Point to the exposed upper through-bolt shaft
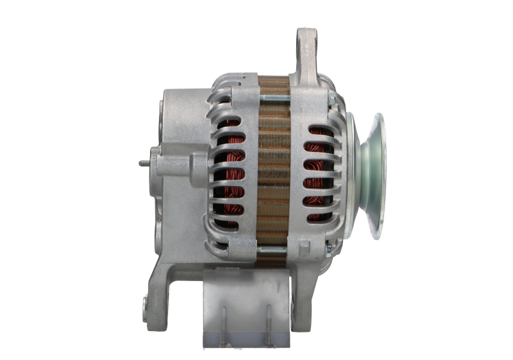tap(276, 98)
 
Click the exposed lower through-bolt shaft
tap(276, 248)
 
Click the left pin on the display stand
tap(224, 324)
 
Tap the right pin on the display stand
tap(267, 324)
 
